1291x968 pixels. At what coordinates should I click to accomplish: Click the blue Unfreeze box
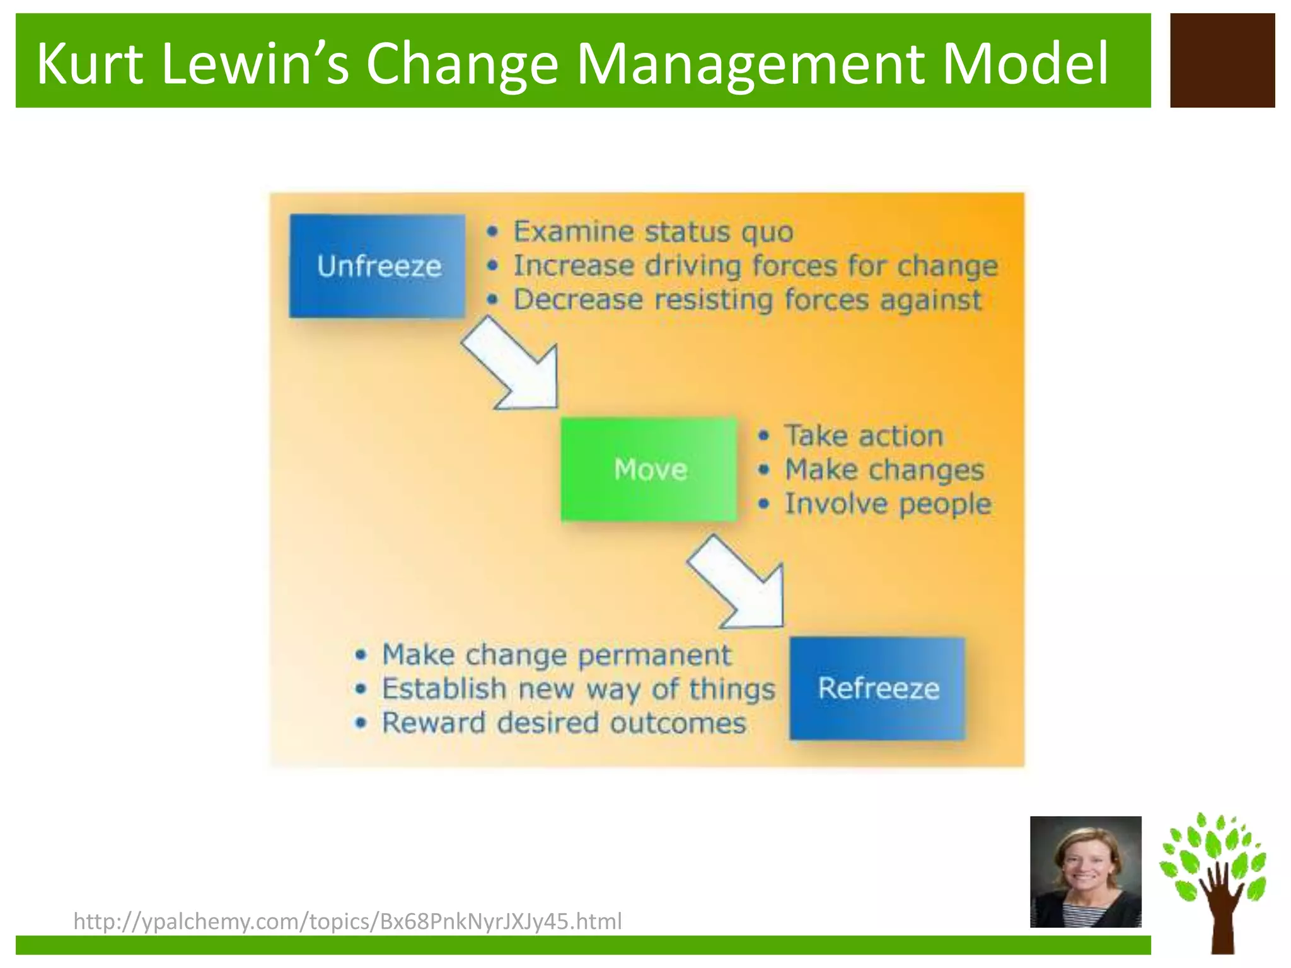377,266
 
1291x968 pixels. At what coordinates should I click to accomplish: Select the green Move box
649,470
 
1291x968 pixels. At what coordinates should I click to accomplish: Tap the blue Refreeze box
877,688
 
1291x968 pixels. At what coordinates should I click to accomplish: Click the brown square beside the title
1222,60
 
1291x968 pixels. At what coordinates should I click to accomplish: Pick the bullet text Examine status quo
653,232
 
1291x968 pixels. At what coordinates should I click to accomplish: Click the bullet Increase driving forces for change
755,266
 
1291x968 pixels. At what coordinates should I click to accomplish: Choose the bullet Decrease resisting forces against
748,300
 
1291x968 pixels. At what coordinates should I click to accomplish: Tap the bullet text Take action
864,436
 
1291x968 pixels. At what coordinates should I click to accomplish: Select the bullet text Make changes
884,470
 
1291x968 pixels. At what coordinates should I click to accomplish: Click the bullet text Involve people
888,504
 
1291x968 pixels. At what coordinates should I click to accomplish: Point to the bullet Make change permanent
557,655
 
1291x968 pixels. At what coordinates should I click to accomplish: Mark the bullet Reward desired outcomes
564,723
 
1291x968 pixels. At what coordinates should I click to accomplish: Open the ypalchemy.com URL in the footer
347,921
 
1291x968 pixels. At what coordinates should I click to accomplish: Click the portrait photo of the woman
1085,872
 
